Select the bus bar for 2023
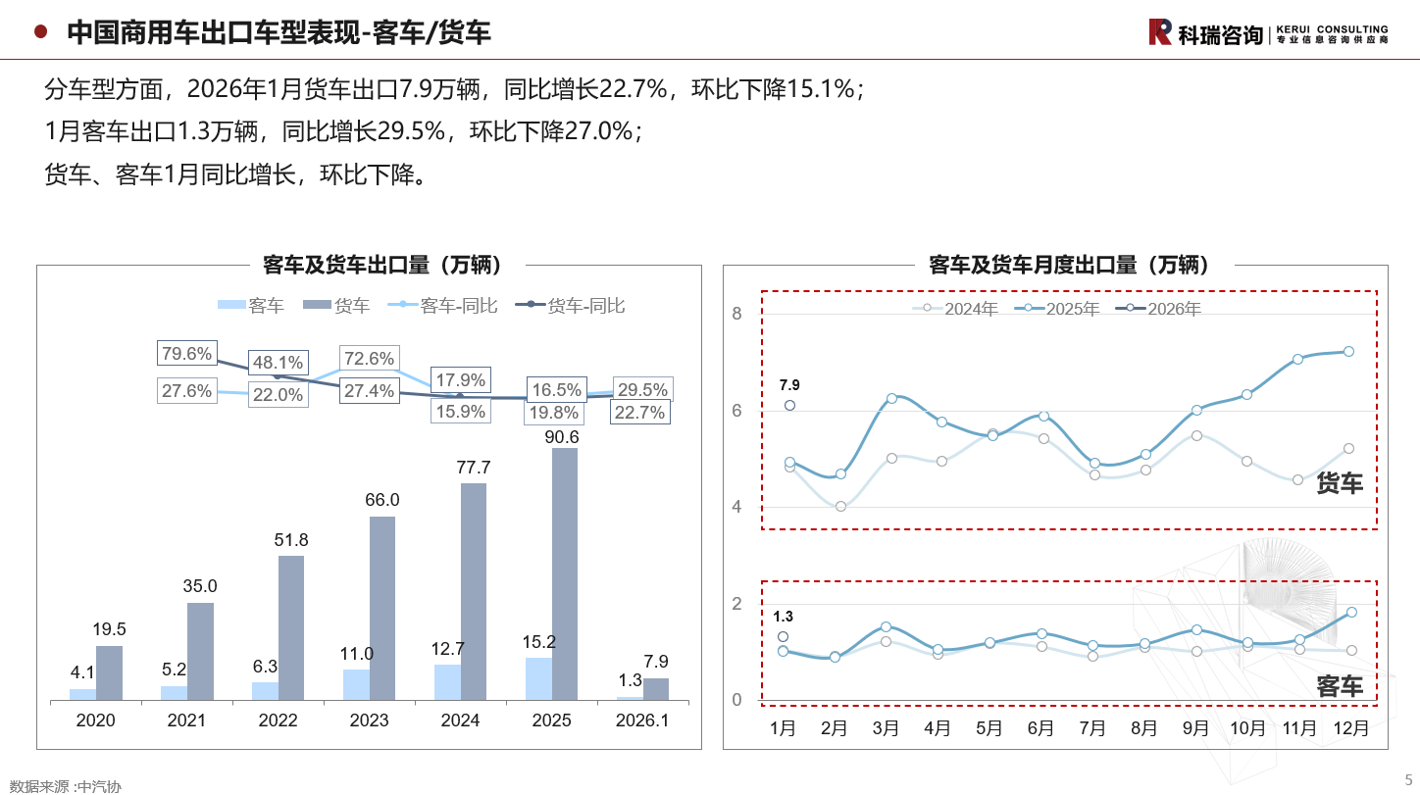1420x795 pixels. (x=356, y=684)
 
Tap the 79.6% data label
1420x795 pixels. (x=186, y=354)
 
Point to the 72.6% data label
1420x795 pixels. (x=368, y=359)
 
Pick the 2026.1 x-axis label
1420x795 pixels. (x=642, y=720)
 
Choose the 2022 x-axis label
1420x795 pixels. (x=278, y=720)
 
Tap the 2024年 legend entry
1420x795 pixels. (x=961, y=309)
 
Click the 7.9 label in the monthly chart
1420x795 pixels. (x=789, y=384)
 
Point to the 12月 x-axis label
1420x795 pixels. (x=1351, y=728)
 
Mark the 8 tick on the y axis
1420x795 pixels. (x=737, y=314)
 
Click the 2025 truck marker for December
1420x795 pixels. (x=1348, y=351)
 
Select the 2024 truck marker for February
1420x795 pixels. (x=840, y=507)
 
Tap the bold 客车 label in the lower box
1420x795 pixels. (x=1339, y=686)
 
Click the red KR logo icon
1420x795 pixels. (x=1160, y=32)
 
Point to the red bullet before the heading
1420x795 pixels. (x=40, y=32)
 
